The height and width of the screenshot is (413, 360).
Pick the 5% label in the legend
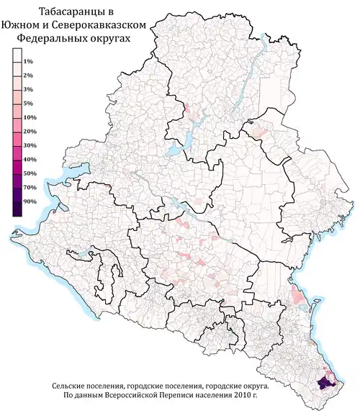point(30,103)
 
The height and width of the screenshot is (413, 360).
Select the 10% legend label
point(30,117)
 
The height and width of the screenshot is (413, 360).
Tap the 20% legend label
point(30,132)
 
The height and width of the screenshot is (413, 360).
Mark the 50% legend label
point(30,174)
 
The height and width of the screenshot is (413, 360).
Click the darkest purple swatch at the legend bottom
point(17,209)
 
